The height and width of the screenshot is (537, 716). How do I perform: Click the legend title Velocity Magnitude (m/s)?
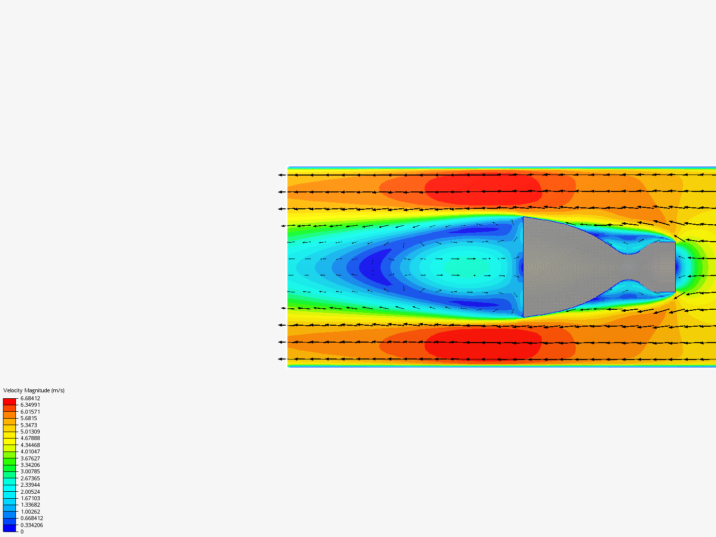pyautogui.click(x=34, y=390)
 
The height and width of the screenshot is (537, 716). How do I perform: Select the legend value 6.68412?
pyautogui.click(x=30, y=398)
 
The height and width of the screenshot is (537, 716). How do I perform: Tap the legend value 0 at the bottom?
pyautogui.click(x=22, y=532)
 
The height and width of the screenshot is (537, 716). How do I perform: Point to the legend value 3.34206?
pyautogui.click(x=30, y=465)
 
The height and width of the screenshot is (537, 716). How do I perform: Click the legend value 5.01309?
pyautogui.click(x=30, y=432)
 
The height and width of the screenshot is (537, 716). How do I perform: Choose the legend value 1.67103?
pyautogui.click(x=30, y=498)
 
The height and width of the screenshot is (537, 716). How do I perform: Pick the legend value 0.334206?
pyautogui.click(x=32, y=525)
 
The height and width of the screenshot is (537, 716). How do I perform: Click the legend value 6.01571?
pyautogui.click(x=30, y=412)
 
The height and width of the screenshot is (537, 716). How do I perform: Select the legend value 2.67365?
pyautogui.click(x=30, y=478)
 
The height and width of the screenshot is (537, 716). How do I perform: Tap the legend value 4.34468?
pyautogui.click(x=30, y=445)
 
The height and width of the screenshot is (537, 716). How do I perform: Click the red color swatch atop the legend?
pyautogui.click(x=9, y=401)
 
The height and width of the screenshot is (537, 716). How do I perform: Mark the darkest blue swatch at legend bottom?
pyautogui.click(x=9, y=528)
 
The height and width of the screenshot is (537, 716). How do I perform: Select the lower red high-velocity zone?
pyautogui.click(x=482, y=344)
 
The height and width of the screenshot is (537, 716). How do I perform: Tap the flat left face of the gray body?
pyautogui.click(x=524, y=267)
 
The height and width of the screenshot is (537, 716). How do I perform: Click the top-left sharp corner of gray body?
pyautogui.click(x=524, y=217)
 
